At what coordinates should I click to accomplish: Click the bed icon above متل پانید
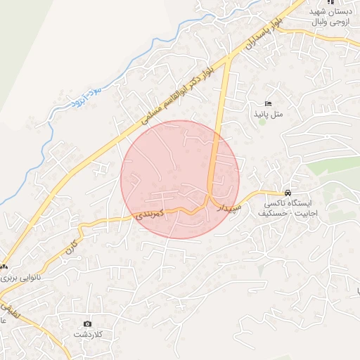[x=267, y=104]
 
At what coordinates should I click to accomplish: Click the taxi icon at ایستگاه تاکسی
[x=287, y=193]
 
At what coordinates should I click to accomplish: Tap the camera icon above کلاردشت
[x=87, y=324]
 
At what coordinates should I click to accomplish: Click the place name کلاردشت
[x=87, y=334]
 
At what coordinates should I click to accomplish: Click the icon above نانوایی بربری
[x=4, y=267]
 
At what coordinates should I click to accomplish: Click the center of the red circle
[x=180, y=179]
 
